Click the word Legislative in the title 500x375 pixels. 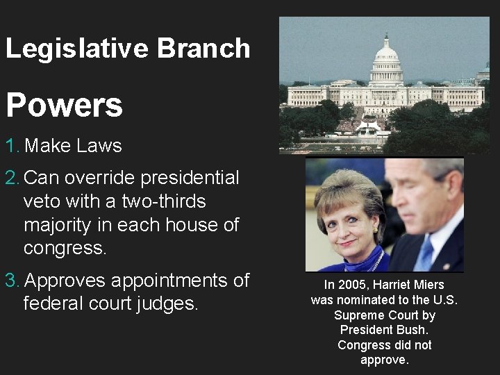pos(77,49)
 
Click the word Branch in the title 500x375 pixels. pos(203,49)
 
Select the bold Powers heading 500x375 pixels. pos(64,106)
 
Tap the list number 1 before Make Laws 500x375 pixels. pos(12,146)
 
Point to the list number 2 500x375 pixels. pos(12,178)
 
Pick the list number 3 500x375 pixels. pos(12,281)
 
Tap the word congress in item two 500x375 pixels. pos(65,248)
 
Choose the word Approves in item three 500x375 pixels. pos(65,281)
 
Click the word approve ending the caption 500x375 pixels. pos(383,360)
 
